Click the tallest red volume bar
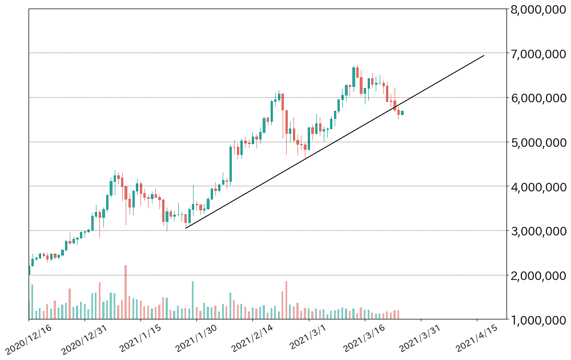point(126,291)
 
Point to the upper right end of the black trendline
point(484,55)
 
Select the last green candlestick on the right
point(403,113)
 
